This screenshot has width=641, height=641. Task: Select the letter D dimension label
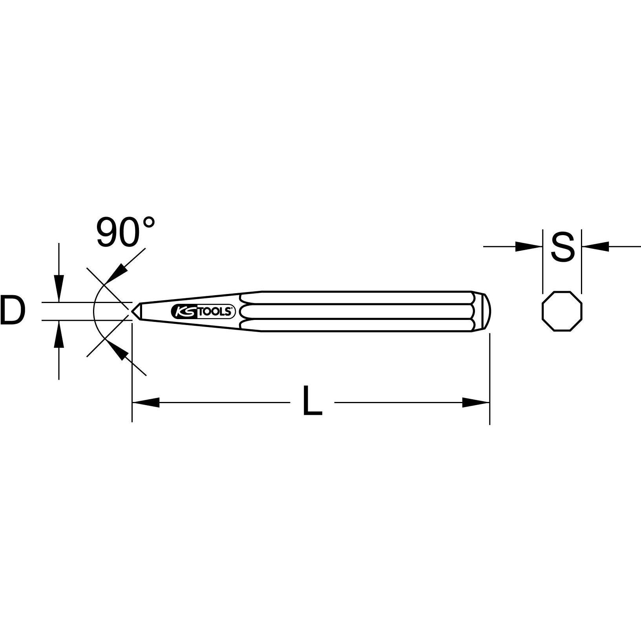pos(13,311)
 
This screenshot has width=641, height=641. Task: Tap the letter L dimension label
pos(312,401)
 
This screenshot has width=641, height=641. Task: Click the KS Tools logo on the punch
pos(203,312)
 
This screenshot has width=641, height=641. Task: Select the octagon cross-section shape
pos(562,312)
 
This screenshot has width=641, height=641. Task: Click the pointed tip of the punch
pos(134,311)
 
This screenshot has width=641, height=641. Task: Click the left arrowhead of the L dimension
pos(146,402)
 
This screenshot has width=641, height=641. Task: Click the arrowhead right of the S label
pos(595,247)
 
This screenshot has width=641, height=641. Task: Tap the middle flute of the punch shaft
pos(353,312)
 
